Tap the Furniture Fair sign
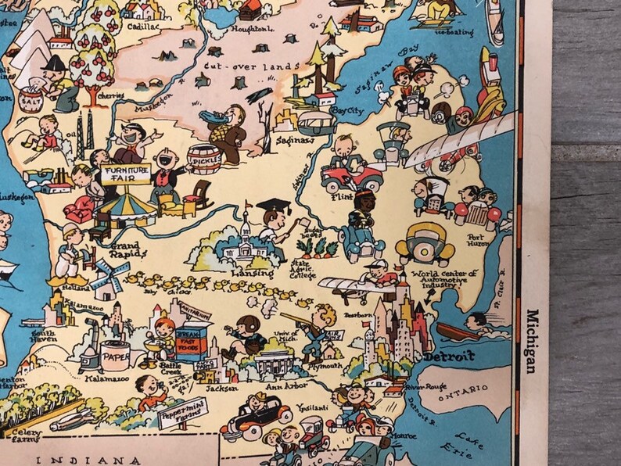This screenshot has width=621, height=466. (x=125, y=172)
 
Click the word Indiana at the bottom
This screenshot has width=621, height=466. (x=86, y=460)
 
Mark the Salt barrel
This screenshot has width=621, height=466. (x=31, y=99)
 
